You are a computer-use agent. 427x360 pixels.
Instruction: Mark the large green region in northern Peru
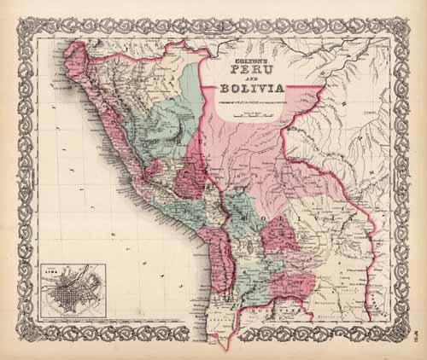[158, 111]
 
